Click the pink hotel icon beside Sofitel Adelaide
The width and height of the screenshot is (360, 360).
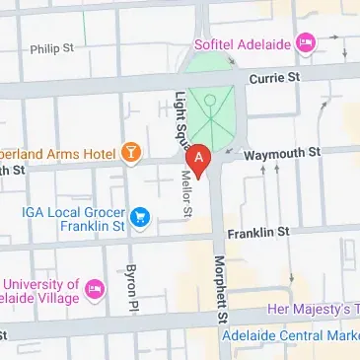[x=306, y=42]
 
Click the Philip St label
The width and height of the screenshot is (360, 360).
[x=51, y=46]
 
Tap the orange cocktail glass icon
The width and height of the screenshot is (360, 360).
[x=130, y=154]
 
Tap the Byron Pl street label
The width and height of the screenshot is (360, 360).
[x=129, y=286]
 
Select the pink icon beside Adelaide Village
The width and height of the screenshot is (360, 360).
[x=94, y=289]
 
